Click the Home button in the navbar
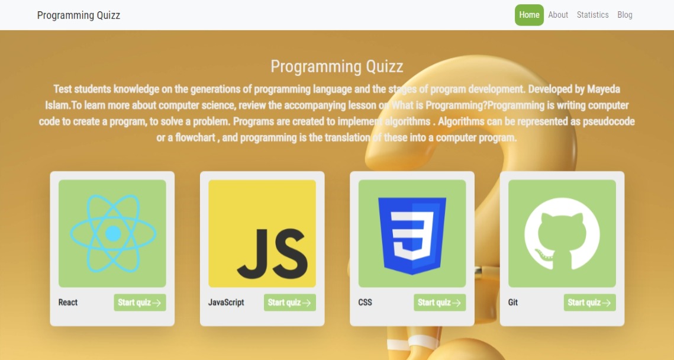[x=529, y=15]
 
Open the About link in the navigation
[x=558, y=15]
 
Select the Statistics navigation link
[x=592, y=15]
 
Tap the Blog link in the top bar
[x=624, y=15]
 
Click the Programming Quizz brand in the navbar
[x=79, y=15]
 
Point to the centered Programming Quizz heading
[x=337, y=67]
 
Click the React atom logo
[x=112, y=233]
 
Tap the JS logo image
[x=262, y=233]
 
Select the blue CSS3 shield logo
[x=412, y=236]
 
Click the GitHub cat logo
[x=562, y=233]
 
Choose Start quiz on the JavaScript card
[x=290, y=303]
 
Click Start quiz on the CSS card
[x=440, y=303]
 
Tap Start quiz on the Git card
[x=590, y=303]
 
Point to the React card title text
[x=68, y=303]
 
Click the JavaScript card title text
[x=226, y=303]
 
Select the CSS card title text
[x=365, y=303]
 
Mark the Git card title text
[x=513, y=303]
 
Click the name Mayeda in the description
[x=604, y=89]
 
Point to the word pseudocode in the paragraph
[x=609, y=122]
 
